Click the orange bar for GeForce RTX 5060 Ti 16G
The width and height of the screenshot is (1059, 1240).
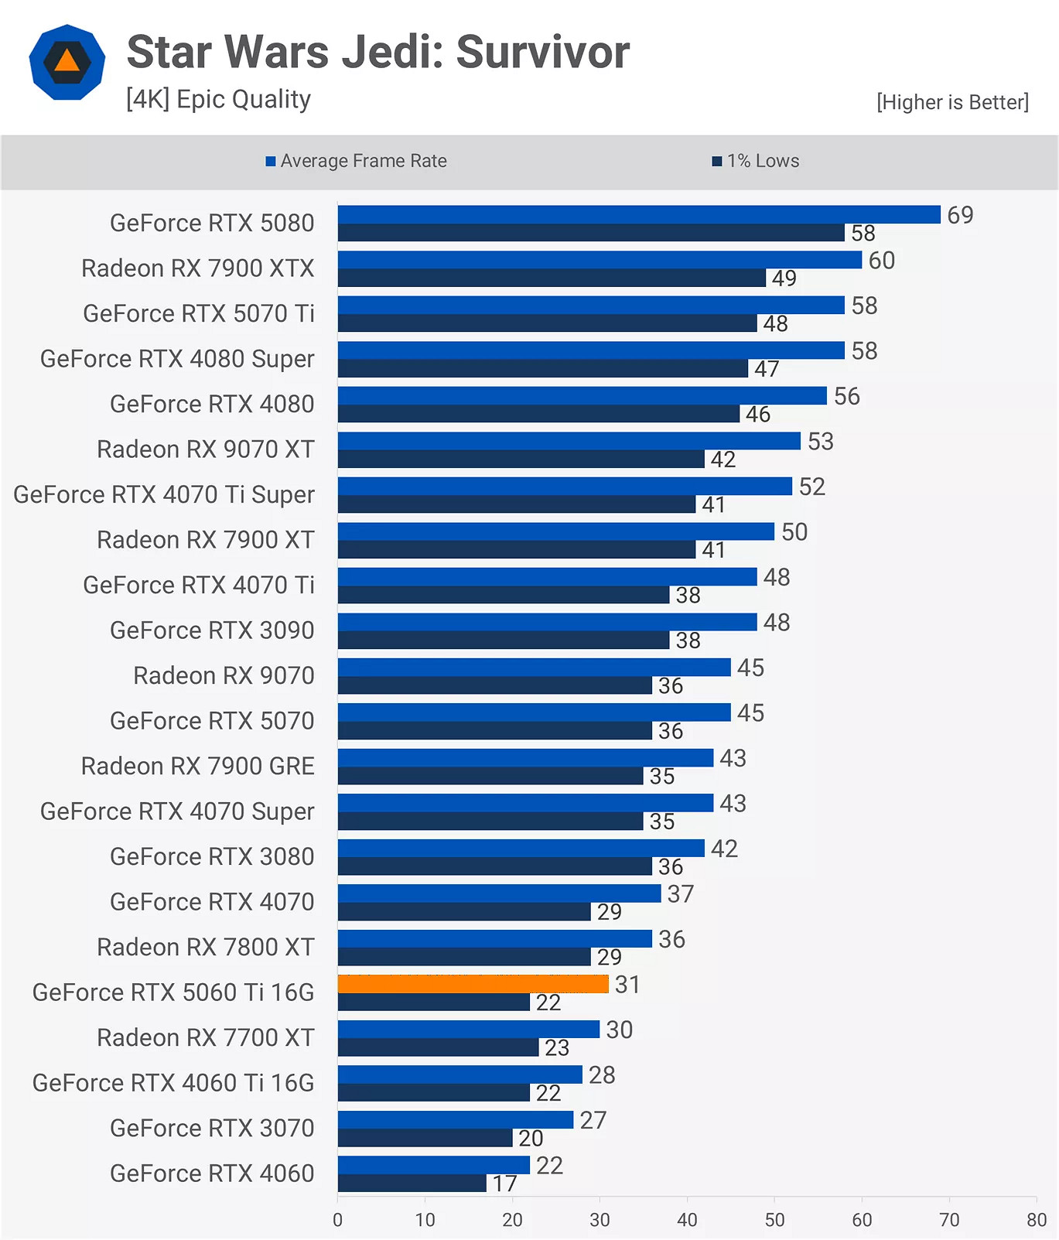473,984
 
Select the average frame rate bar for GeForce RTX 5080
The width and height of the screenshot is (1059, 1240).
638,214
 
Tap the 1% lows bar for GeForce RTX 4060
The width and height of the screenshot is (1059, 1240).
412,1183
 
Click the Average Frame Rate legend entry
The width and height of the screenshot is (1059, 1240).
357,161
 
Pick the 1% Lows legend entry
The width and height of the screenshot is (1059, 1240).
756,161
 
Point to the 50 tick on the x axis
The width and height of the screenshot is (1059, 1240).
774,1220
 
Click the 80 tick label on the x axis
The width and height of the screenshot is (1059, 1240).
1036,1220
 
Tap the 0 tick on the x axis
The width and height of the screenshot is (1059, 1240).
337,1220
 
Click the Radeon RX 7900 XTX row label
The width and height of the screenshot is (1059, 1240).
197,268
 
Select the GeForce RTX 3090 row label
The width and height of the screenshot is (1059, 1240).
211,630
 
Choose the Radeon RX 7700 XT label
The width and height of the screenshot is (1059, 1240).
205,1037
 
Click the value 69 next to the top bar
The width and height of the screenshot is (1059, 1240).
960,215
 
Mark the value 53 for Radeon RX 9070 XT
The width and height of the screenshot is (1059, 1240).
820,442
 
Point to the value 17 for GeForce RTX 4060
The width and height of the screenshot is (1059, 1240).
504,1184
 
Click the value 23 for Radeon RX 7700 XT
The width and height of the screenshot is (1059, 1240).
556,1047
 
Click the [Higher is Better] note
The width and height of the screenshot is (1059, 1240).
952,102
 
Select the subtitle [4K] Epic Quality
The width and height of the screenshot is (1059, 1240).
218,99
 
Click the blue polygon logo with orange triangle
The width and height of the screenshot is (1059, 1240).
67,63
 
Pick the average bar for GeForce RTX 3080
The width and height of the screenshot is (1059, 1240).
521,848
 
